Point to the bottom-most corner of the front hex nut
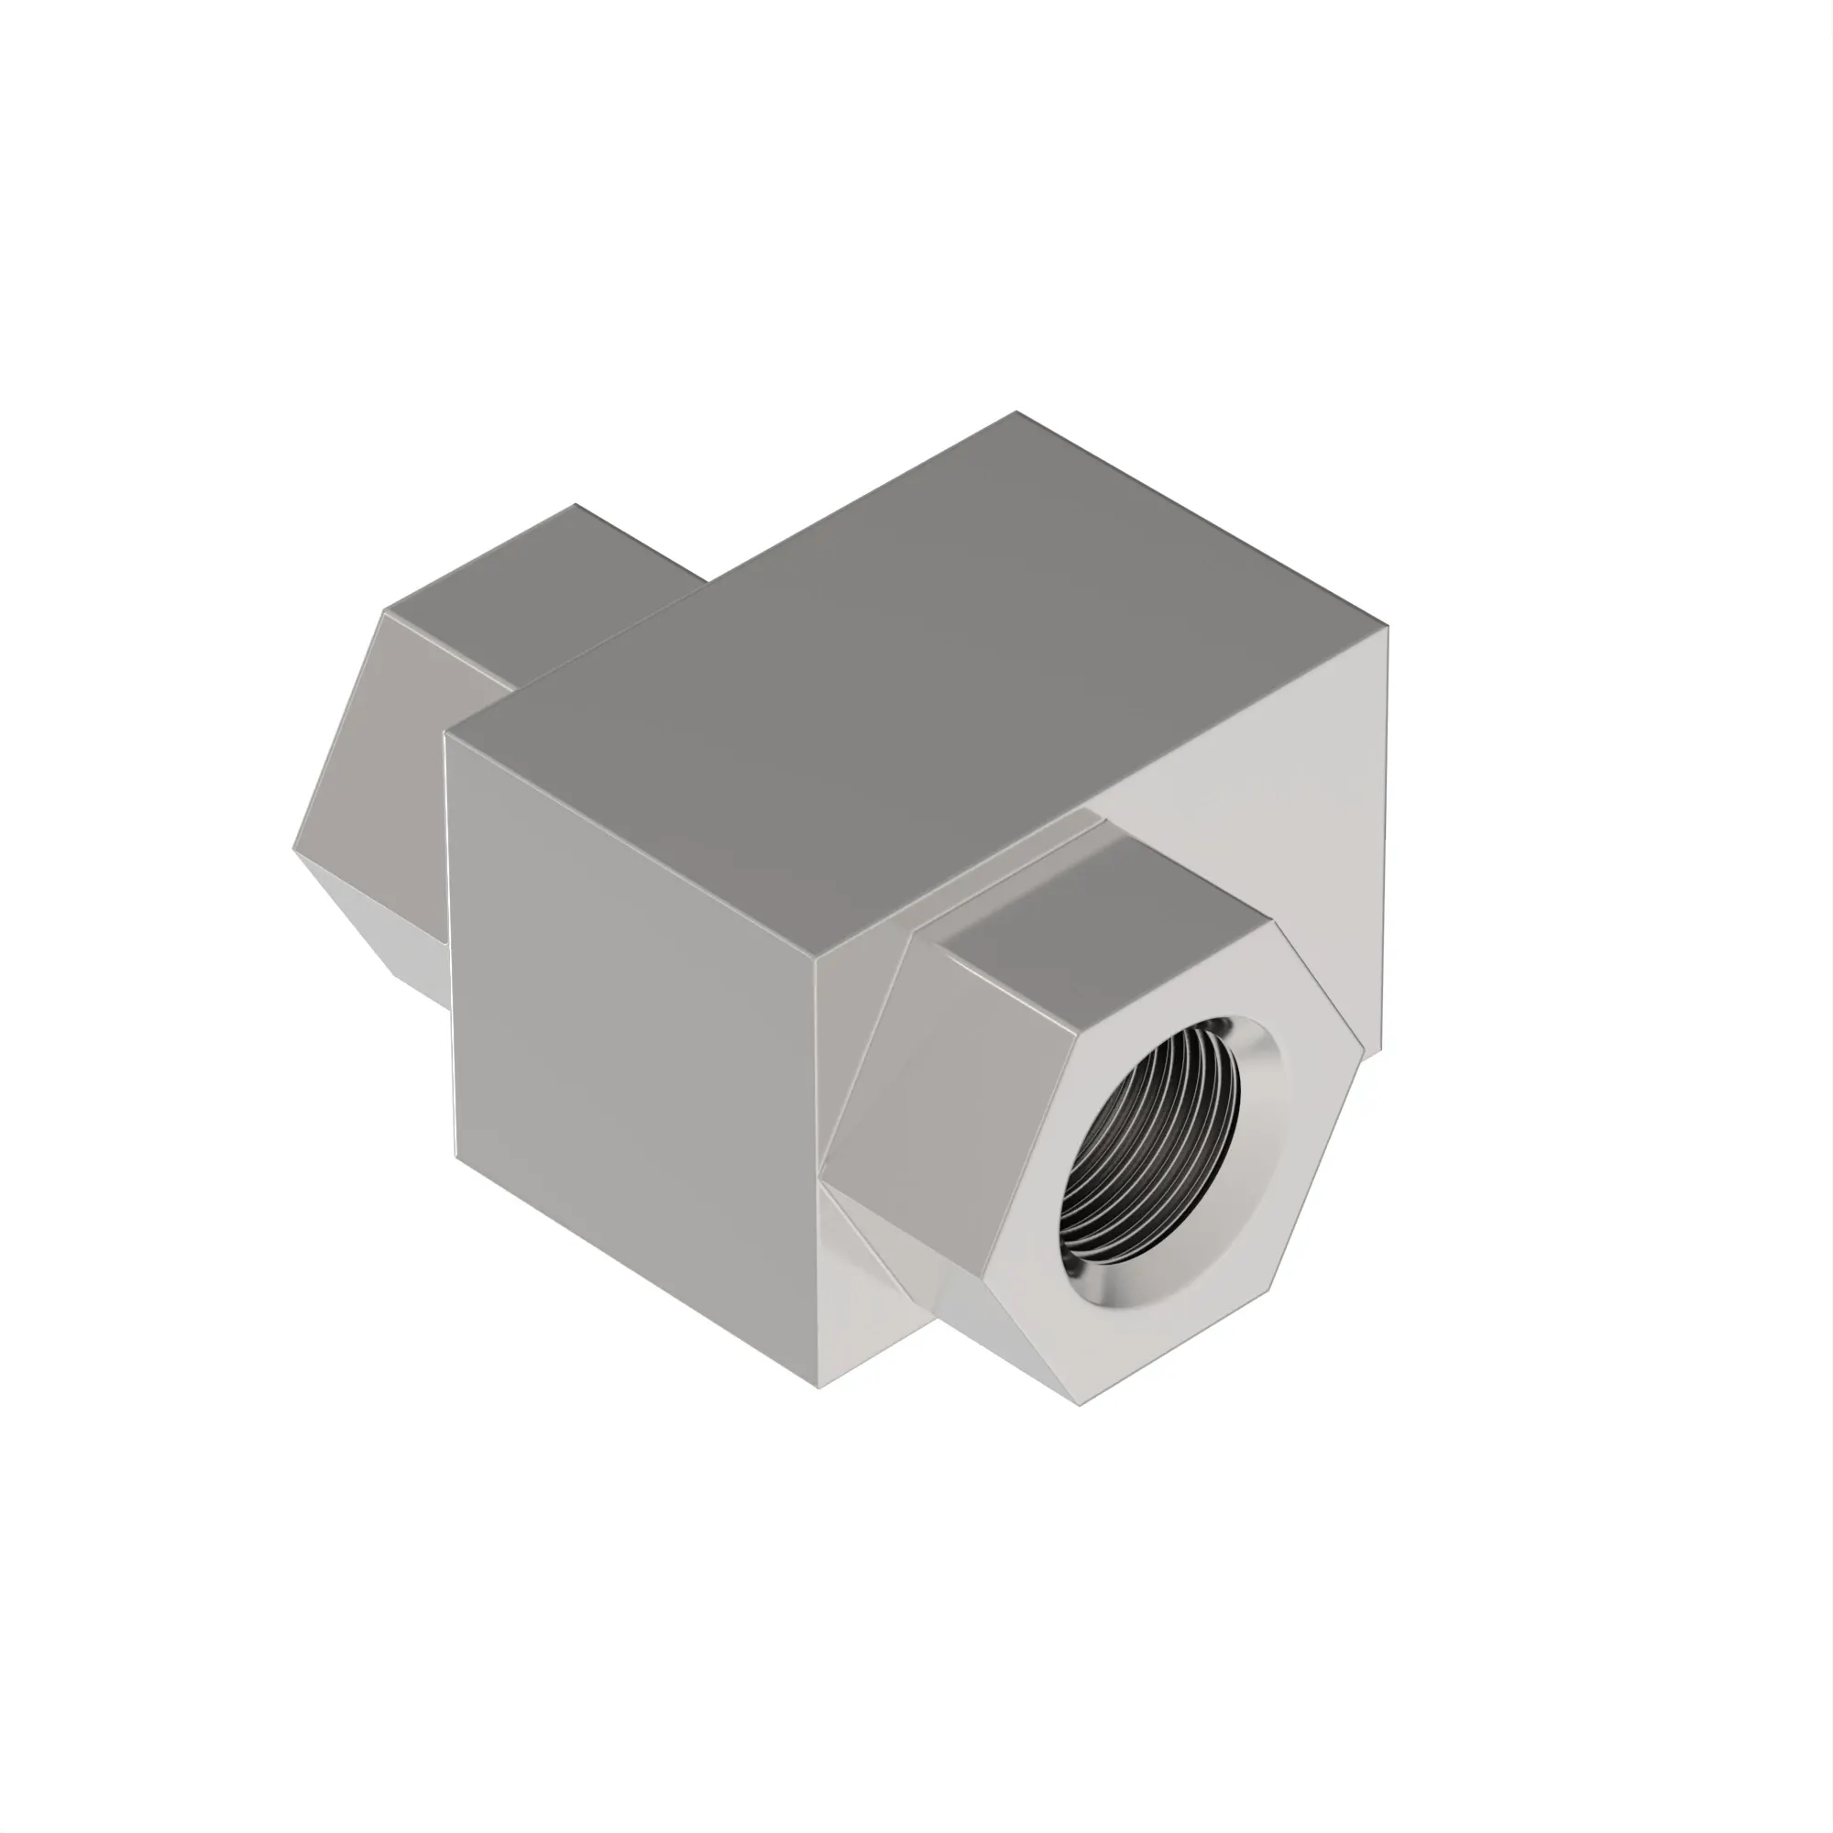coord(1081,1405)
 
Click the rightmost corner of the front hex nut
coord(1364,1049)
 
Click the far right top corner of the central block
coord(1387,627)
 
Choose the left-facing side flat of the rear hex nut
coord(379,750)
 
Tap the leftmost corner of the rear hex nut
coord(293,847)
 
